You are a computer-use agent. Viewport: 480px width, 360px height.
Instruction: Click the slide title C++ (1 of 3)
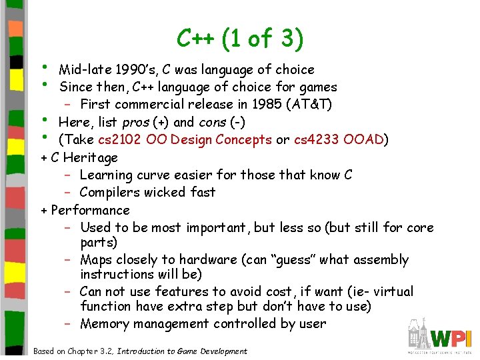click(240, 39)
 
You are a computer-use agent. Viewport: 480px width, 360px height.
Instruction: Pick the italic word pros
click(135, 122)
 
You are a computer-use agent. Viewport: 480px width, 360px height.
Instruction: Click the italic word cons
click(213, 122)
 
